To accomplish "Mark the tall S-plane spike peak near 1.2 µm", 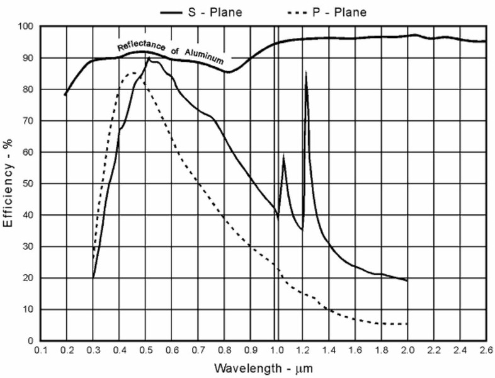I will (306, 72).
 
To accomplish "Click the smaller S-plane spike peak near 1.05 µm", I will (284, 156).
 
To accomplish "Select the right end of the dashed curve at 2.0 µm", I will (407, 324).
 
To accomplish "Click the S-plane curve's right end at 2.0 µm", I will (407, 280).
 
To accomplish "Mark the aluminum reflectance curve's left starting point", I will (65, 95).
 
